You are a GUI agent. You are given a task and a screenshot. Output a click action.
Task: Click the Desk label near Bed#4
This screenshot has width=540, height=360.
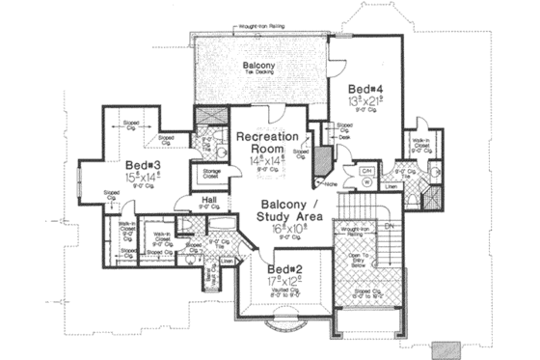coord(344,137)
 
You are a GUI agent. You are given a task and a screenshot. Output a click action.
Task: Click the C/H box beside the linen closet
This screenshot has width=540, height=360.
coord(366,171)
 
